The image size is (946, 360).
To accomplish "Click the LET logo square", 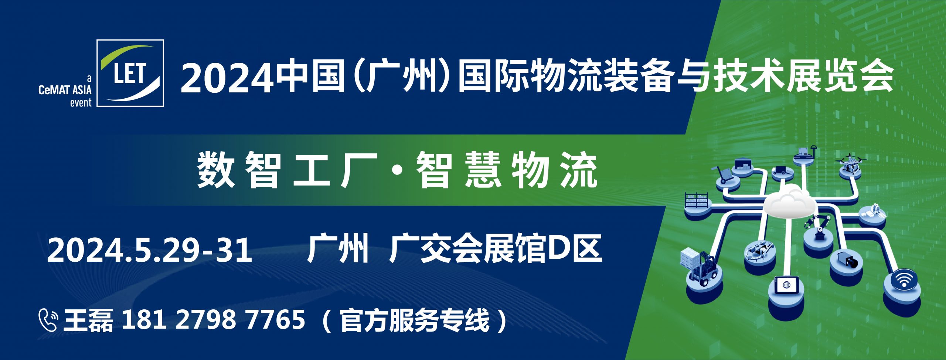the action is pos(130,73).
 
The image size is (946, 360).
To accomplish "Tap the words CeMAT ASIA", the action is pos(65,90).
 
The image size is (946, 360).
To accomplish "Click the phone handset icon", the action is pos(48,320).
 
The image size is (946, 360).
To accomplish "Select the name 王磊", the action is pos(88,320).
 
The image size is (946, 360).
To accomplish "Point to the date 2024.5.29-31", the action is pos(150,250).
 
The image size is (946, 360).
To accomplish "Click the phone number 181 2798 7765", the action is pos(213,320).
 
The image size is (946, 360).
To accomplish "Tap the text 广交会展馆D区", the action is pos(496,249).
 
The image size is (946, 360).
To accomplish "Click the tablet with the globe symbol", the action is pos(786,286).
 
